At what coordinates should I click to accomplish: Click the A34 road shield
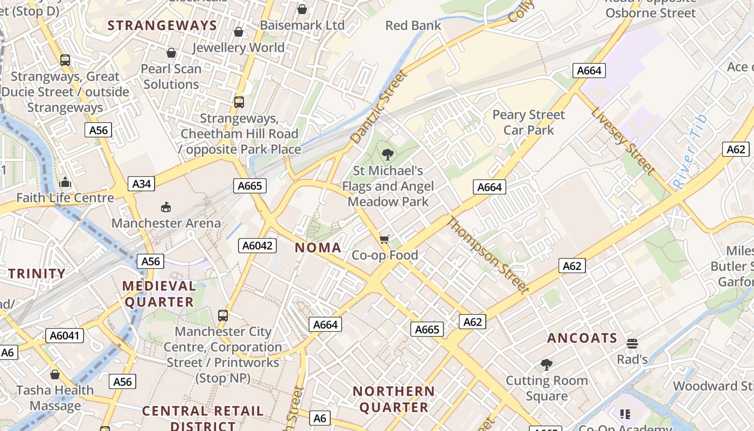tap(142, 184)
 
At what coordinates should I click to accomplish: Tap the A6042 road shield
tap(257, 246)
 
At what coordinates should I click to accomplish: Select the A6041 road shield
tap(64, 336)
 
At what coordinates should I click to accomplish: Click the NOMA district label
tap(318, 248)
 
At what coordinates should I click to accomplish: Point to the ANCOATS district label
tap(582, 338)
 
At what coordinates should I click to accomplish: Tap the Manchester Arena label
tap(166, 223)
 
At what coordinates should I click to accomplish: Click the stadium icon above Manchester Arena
tap(166, 207)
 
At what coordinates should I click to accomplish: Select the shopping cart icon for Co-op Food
tap(384, 239)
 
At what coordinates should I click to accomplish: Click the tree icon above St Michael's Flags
tap(387, 155)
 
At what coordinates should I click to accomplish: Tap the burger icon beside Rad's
tap(632, 344)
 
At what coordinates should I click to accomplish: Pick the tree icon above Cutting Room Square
tap(547, 365)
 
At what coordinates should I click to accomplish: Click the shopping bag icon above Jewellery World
tap(239, 32)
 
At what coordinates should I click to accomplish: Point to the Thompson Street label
tap(488, 255)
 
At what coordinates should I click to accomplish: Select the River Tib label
tap(691, 152)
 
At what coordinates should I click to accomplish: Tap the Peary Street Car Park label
tap(528, 122)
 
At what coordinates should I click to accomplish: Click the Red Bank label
tap(413, 25)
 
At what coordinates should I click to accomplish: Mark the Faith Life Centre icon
tap(65, 182)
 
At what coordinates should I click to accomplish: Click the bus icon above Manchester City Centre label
tap(222, 316)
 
